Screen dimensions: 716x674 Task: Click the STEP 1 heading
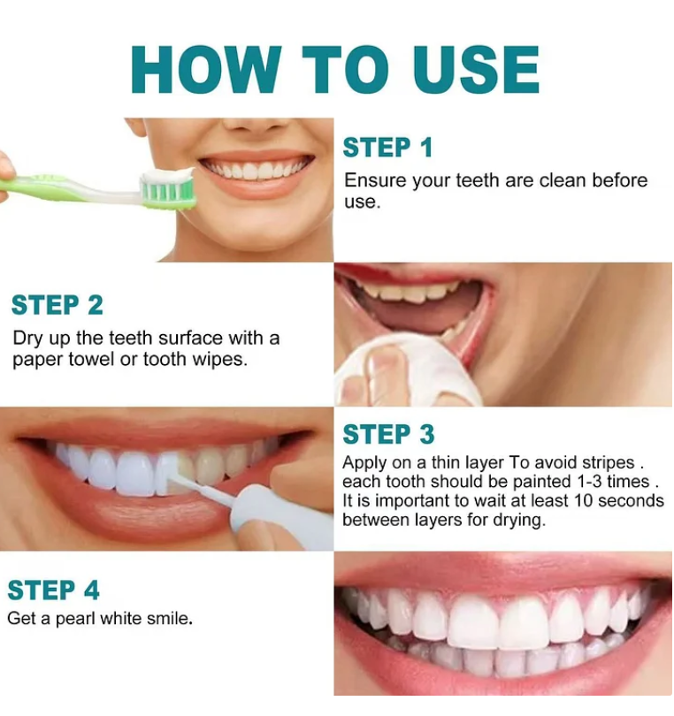point(387,148)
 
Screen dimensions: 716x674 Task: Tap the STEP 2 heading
point(57,305)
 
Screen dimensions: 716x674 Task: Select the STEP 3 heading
point(388,435)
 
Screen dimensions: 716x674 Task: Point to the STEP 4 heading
point(54,590)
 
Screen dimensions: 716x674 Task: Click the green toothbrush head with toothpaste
point(168,188)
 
